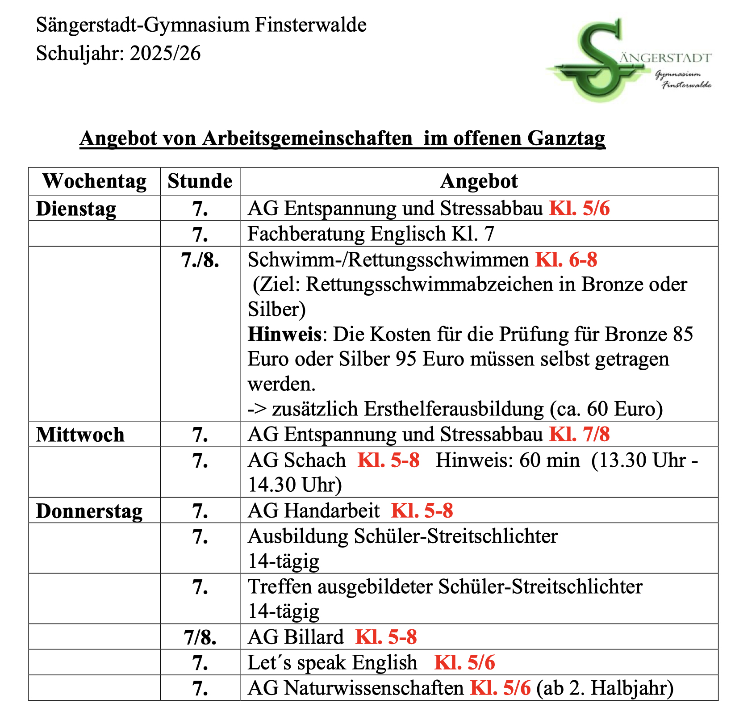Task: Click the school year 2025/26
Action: point(165,54)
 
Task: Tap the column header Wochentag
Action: point(94,181)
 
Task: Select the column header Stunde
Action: point(200,181)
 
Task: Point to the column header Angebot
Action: point(479,181)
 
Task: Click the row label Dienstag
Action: point(76,209)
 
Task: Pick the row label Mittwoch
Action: point(80,435)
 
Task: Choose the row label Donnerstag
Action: point(89,511)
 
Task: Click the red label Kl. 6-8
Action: point(566,260)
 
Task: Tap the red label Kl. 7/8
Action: point(579,434)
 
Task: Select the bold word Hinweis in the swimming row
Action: point(284,334)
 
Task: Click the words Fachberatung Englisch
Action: point(347,234)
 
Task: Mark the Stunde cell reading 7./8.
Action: point(200,260)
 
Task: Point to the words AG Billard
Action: point(296,637)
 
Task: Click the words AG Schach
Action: point(297,460)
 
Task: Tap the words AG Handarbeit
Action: point(313,511)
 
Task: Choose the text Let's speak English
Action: point(332,662)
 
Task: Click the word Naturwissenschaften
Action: point(374,688)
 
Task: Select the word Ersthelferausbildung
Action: point(454,409)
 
